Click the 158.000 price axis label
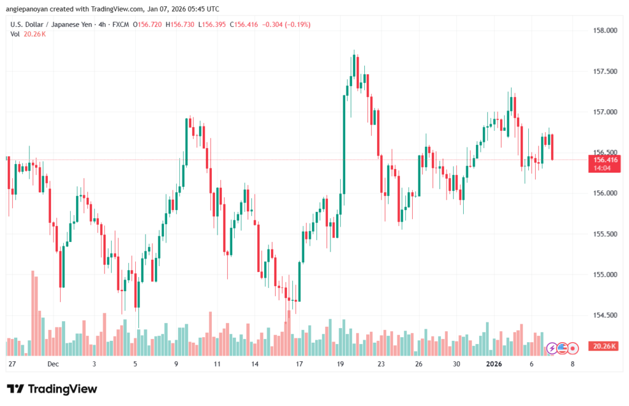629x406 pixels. pyautogui.click(x=603, y=31)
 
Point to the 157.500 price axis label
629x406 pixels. pyautogui.click(x=603, y=71)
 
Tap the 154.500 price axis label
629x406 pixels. pyautogui.click(x=603, y=315)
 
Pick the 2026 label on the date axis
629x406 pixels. pyautogui.click(x=494, y=364)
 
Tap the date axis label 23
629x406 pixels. pyautogui.click(x=381, y=364)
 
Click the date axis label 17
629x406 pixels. pyautogui.click(x=299, y=364)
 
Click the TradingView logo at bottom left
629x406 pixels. pyautogui.click(x=52, y=389)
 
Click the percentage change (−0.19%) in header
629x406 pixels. pyautogui.click(x=297, y=25)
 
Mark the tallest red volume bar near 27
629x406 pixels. pyautogui.click(x=32, y=313)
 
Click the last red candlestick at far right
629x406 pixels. pyautogui.click(x=553, y=147)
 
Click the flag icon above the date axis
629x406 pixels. pyautogui.click(x=561, y=348)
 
